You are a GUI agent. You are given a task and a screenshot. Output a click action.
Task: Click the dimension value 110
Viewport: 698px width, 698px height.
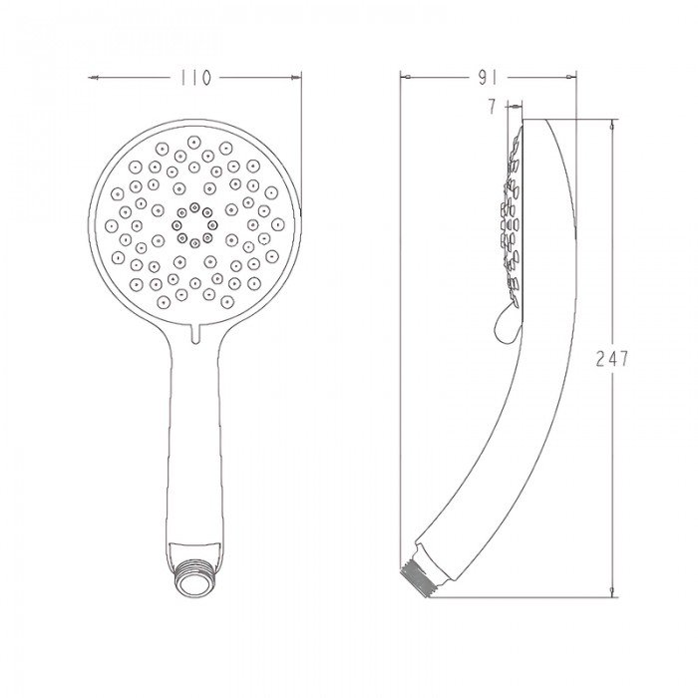[x=195, y=79]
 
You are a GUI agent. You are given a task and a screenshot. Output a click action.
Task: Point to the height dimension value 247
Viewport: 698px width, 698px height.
[x=612, y=360]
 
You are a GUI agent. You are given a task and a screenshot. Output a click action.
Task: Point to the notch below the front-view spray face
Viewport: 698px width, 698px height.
[x=195, y=328]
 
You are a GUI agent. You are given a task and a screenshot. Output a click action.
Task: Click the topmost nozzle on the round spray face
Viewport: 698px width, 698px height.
[x=193, y=142]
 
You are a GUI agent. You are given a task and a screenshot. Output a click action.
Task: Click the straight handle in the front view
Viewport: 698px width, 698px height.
[x=195, y=439]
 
